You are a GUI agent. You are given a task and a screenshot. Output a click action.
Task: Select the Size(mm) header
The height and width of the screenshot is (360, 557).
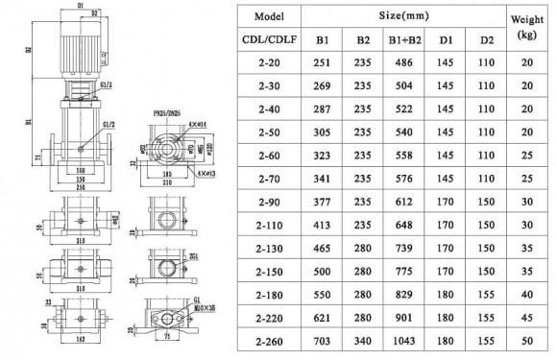[404, 18]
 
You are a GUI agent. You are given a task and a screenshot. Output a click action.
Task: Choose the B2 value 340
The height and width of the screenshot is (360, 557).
[363, 339]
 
